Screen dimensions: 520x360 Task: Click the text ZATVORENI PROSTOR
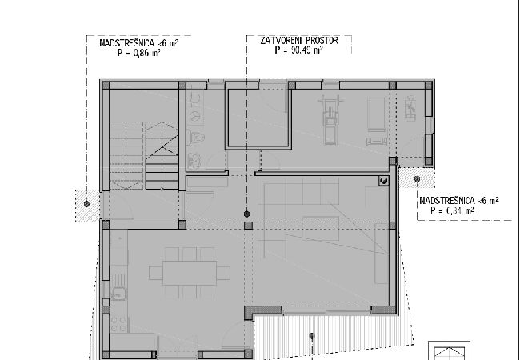pos(299,41)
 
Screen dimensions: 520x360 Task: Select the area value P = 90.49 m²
pos(299,50)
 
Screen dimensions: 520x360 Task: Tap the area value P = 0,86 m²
pos(139,52)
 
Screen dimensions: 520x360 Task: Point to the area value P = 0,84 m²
pos(452,210)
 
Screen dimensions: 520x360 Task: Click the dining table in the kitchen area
pos(190,273)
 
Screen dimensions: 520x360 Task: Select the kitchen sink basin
pos(118,294)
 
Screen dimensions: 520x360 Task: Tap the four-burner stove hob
pos(119,324)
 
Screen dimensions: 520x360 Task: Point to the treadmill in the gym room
pos(330,121)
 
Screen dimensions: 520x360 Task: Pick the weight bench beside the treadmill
pos(377,122)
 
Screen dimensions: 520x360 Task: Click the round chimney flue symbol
pos(384,181)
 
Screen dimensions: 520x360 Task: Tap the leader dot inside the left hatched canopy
pos(87,204)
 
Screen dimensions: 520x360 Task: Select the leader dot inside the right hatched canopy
pos(417,179)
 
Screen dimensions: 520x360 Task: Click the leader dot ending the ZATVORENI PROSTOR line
pos(246,214)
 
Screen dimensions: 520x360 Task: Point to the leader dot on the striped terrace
pos(312,336)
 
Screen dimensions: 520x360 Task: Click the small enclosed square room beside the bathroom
pos(258,116)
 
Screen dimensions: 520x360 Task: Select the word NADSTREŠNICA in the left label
pos(127,43)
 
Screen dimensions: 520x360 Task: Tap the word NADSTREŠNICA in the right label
pos(447,201)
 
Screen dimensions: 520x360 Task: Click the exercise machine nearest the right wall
pos(410,108)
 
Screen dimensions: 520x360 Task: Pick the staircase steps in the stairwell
pos(143,156)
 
